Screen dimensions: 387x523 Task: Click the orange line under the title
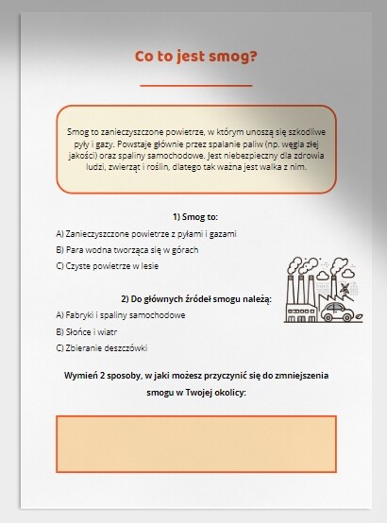(195, 85)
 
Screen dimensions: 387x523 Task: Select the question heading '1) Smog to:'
(195, 216)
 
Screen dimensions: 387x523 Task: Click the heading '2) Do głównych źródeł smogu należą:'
(195, 299)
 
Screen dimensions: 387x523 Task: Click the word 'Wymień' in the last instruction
(81, 375)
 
